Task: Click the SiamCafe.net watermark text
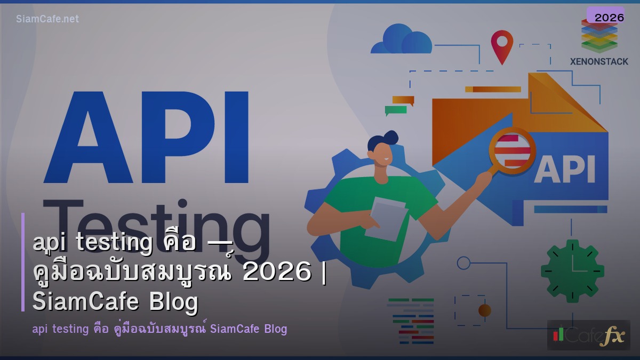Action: [47, 19]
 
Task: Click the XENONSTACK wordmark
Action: [599, 61]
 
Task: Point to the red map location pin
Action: [502, 45]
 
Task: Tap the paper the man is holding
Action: [386, 218]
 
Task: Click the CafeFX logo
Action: [588, 335]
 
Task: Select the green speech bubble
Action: [395, 110]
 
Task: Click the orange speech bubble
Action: [403, 100]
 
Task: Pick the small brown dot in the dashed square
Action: [484, 310]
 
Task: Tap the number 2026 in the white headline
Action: [276, 273]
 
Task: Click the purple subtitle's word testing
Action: [67, 329]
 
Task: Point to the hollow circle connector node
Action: [463, 262]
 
